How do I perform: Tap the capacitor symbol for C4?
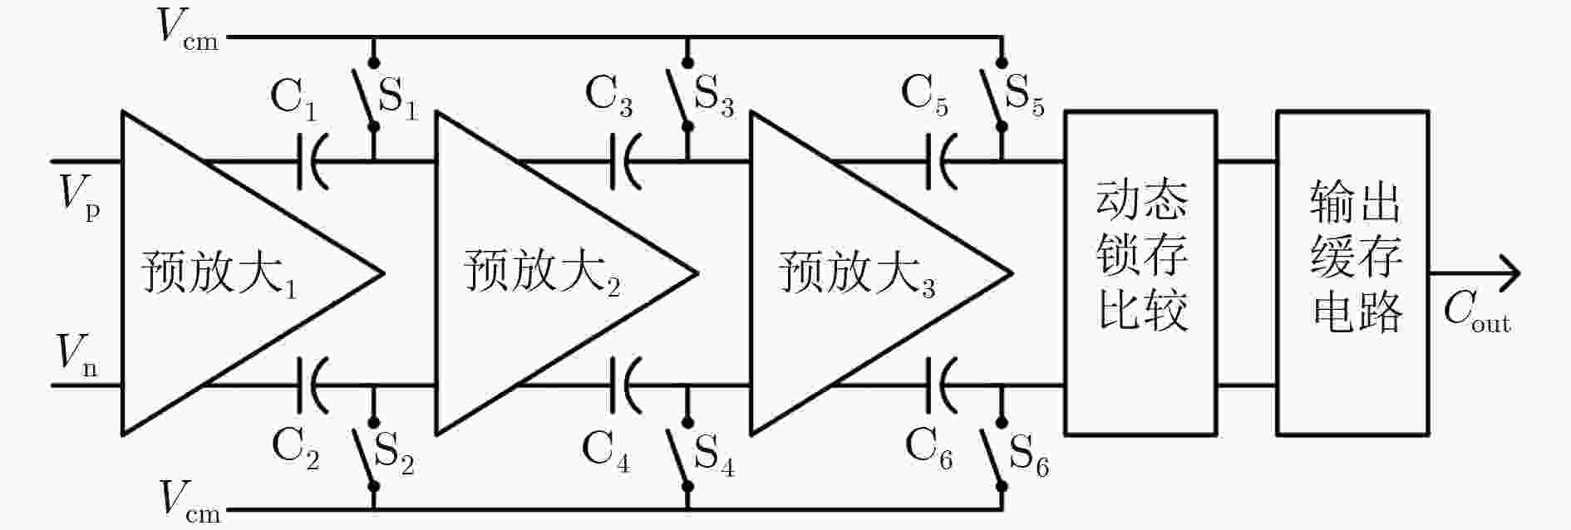[623, 385]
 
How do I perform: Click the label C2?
[295, 450]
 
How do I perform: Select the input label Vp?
[80, 199]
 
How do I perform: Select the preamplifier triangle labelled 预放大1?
[253, 273]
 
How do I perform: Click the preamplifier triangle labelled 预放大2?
[566, 273]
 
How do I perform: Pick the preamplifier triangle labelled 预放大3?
[880, 273]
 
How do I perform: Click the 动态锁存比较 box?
[1140, 273]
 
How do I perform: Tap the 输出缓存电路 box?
[1352, 273]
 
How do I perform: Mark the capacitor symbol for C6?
[938, 385]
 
